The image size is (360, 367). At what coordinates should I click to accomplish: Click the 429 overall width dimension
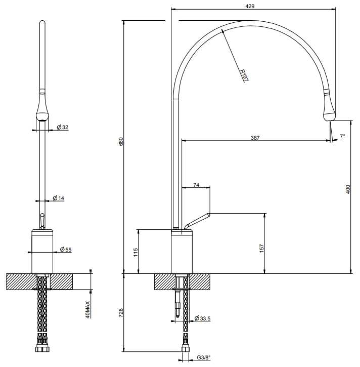tap(250, 6)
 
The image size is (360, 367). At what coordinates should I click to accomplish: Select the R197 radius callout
tap(244, 75)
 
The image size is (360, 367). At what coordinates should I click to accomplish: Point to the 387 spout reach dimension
tap(255, 138)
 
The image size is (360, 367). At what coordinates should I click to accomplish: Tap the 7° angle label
tap(342, 136)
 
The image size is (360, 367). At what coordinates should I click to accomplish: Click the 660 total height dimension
tap(121, 142)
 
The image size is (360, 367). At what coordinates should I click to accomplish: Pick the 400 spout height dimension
tap(348, 189)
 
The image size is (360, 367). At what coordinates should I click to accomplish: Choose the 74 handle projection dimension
tap(196, 185)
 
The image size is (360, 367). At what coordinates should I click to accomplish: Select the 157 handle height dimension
tap(261, 248)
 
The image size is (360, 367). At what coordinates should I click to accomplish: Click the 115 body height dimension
tap(136, 252)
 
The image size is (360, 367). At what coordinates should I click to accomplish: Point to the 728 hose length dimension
tap(121, 313)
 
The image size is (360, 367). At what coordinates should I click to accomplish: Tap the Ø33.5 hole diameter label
tap(202, 318)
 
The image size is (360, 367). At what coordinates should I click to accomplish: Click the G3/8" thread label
tap(204, 357)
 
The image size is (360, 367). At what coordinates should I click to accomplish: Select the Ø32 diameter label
tap(62, 127)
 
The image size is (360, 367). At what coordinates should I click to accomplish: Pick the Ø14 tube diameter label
tap(59, 198)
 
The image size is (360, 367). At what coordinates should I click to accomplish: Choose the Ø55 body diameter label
tap(66, 250)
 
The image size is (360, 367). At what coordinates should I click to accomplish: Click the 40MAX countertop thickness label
tap(87, 310)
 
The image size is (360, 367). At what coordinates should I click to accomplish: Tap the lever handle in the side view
tap(197, 221)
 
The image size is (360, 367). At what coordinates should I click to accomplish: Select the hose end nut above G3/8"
tap(186, 349)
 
